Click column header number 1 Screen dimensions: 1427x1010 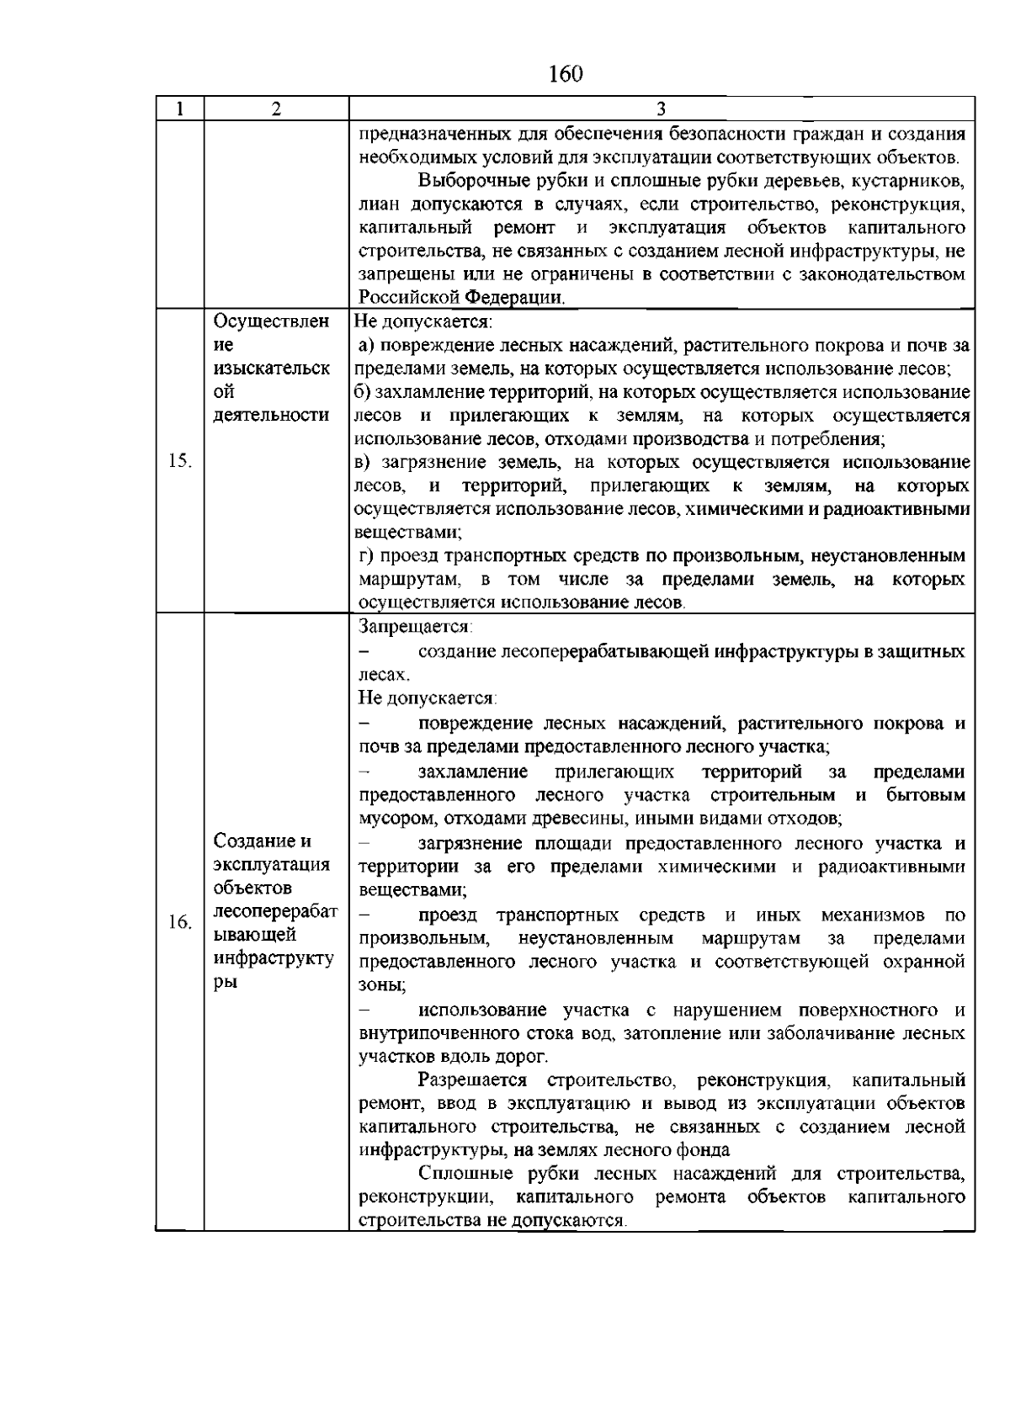click(179, 109)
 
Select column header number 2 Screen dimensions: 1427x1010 click(276, 109)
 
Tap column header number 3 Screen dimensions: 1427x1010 click(662, 109)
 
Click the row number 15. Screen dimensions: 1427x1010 click(180, 461)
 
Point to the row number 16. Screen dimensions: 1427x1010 click(179, 923)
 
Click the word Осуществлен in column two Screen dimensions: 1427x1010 click(271, 321)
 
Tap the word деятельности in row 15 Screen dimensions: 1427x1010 click(271, 415)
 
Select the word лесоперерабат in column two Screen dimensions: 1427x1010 click(276, 911)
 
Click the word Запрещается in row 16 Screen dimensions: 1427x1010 click(415, 627)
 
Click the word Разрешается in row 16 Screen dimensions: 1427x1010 click(472, 1080)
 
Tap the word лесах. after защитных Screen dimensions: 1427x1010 click(384, 675)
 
